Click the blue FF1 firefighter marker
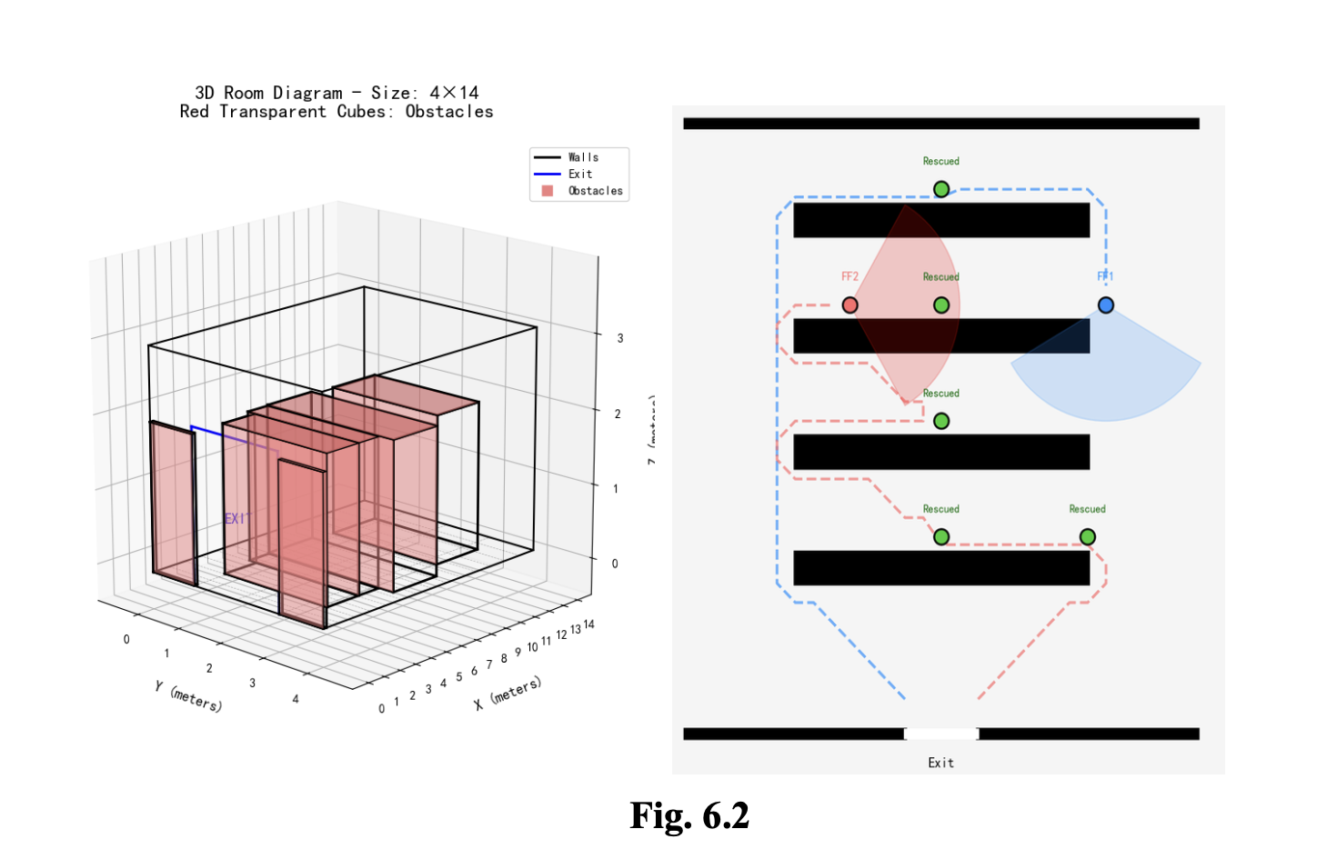coord(1105,305)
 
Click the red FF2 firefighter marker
coord(850,305)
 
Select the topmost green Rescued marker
coord(941,189)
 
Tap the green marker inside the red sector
coord(941,305)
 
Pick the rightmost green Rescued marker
coord(1087,537)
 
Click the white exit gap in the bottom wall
coord(941,734)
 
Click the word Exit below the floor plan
coord(941,763)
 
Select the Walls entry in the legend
coord(583,157)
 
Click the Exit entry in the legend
coord(580,174)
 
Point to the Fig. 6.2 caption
coord(689,815)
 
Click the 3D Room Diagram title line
coord(337,93)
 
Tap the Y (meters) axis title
coord(188,696)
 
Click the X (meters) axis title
coord(508,693)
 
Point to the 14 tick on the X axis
coord(589,624)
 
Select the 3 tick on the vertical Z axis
coord(620,338)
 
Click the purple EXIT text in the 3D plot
coord(236,518)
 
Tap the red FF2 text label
coord(850,276)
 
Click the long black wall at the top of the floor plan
coord(941,124)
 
